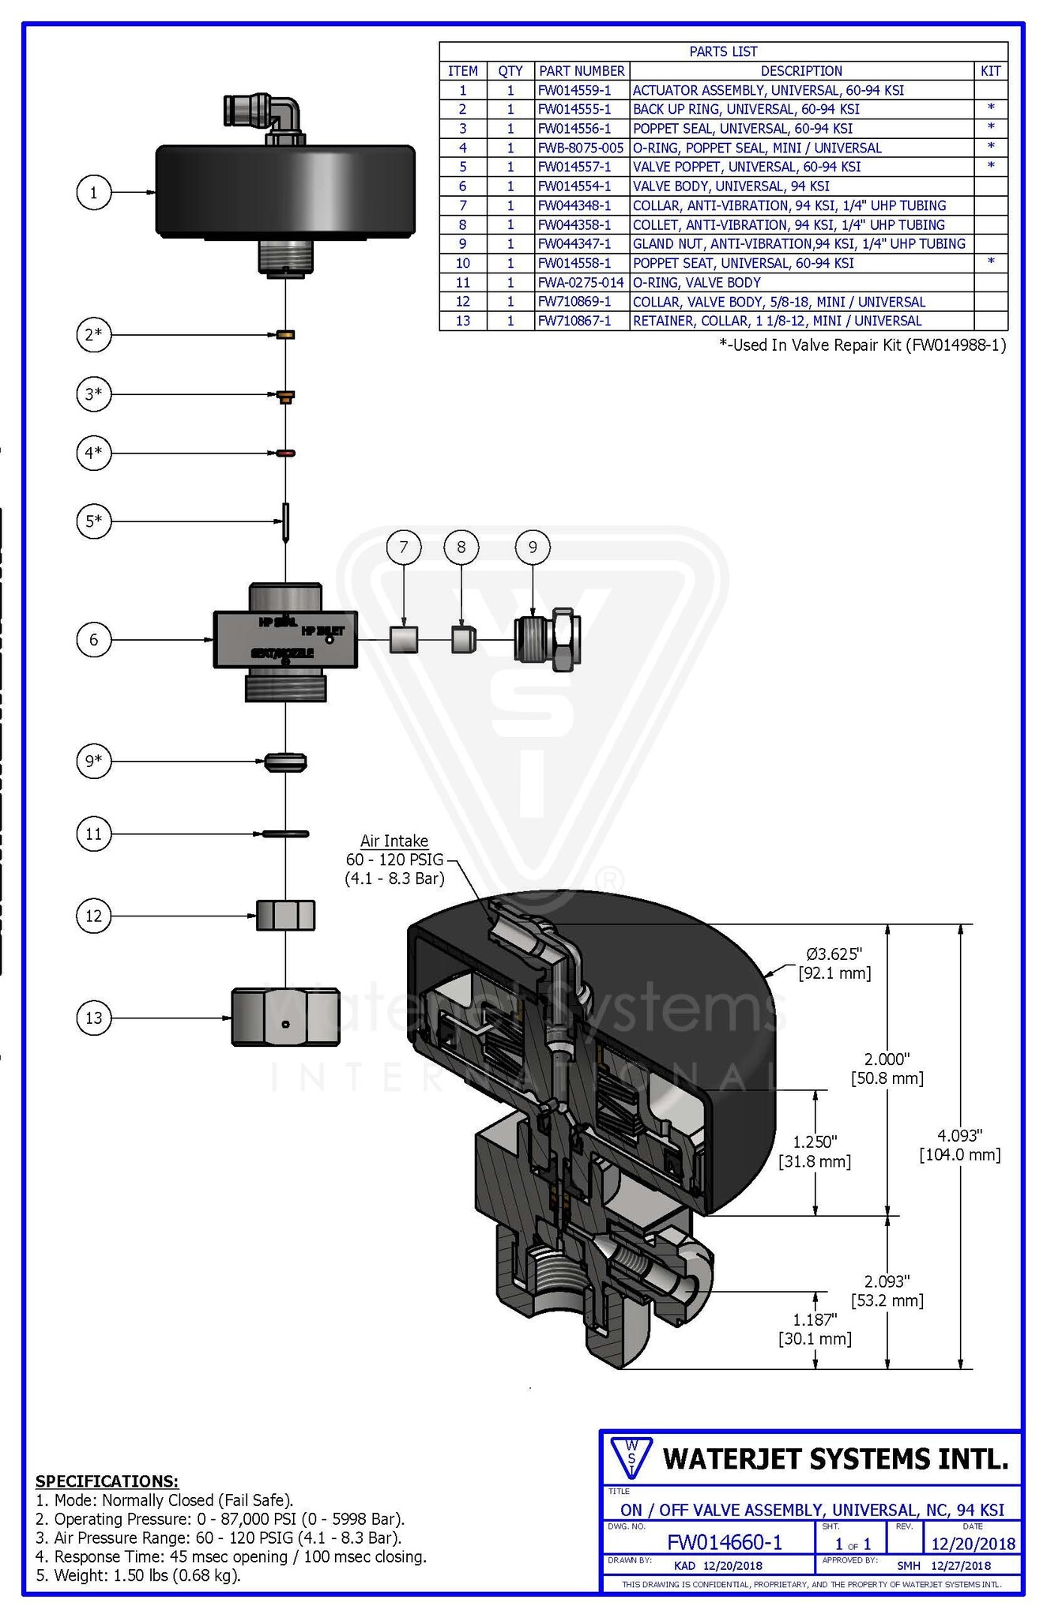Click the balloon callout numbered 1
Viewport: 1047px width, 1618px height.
click(93, 192)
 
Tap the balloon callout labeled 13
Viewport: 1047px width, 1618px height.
click(93, 1018)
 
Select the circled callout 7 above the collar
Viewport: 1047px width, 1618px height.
click(404, 547)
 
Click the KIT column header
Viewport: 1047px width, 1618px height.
click(990, 71)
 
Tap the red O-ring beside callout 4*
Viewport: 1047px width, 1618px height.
click(285, 453)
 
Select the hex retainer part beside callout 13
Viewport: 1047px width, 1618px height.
click(285, 1017)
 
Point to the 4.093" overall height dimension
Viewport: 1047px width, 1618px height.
click(960, 1145)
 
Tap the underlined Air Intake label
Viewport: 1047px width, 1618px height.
click(394, 841)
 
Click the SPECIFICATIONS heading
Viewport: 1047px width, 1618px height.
click(107, 1481)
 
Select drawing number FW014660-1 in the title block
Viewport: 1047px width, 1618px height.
click(724, 1542)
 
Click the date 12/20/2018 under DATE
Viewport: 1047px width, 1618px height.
click(973, 1544)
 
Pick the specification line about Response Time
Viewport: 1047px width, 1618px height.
click(232, 1556)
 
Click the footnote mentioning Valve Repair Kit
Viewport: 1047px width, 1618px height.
click(862, 344)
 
